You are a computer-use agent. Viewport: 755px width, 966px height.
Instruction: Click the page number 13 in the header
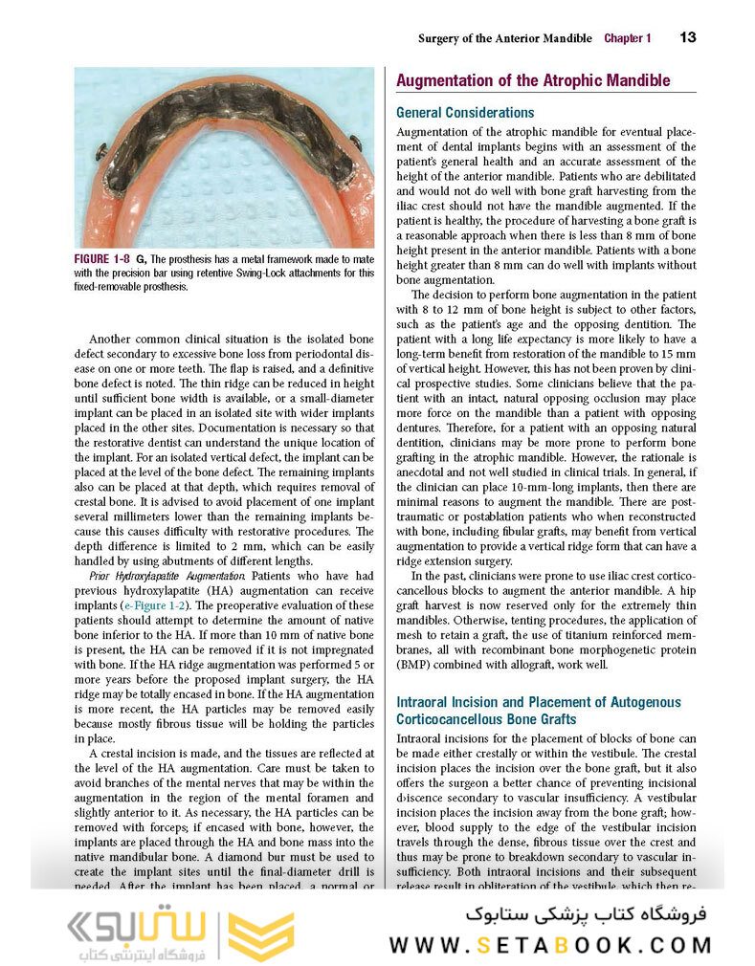[x=687, y=37]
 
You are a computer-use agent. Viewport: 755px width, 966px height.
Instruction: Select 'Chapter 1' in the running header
[x=627, y=38]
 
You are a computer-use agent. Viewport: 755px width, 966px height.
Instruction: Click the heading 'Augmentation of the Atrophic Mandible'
[x=532, y=81]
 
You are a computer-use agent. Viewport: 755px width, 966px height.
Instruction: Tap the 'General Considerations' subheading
[x=465, y=112]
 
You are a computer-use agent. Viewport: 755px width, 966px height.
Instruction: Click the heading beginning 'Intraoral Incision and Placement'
[x=539, y=702]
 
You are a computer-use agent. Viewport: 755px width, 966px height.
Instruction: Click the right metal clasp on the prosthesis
[x=355, y=143]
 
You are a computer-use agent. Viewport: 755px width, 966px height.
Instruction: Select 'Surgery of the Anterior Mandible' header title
[x=505, y=38]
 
